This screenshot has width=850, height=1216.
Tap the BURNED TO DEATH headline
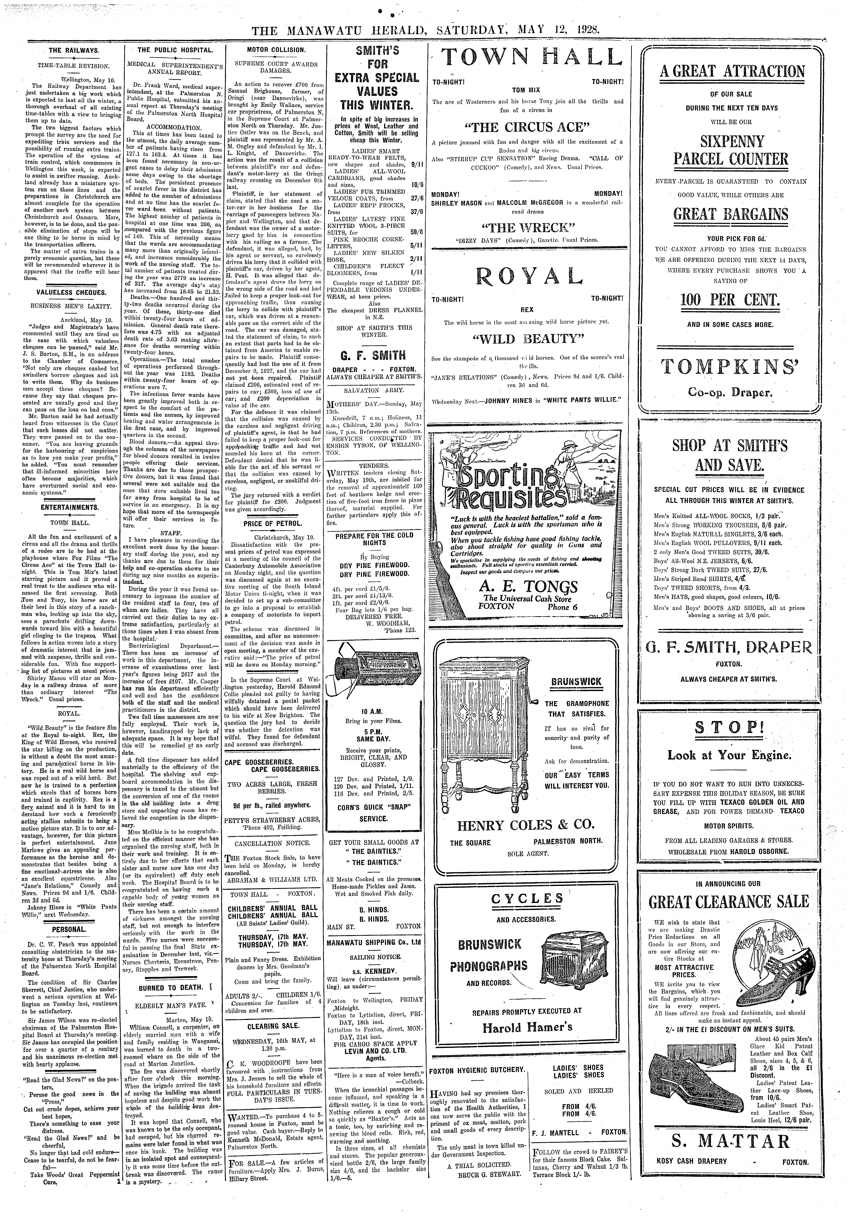coord(171,987)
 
